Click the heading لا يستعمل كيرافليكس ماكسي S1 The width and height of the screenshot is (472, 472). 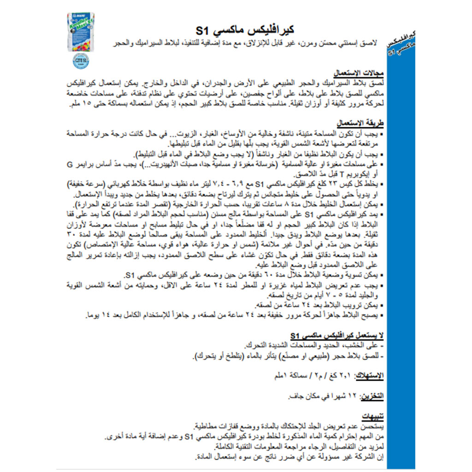pyautogui.click(x=336, y=335)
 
